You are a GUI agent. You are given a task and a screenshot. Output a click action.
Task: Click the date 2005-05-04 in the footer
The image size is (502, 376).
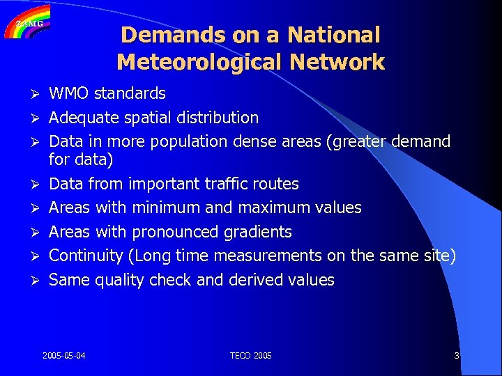pos(64,356)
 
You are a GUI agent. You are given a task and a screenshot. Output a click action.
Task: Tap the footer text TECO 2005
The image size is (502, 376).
pos(251,356)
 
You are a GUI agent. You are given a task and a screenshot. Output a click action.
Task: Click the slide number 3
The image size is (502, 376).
pos(457,356)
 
